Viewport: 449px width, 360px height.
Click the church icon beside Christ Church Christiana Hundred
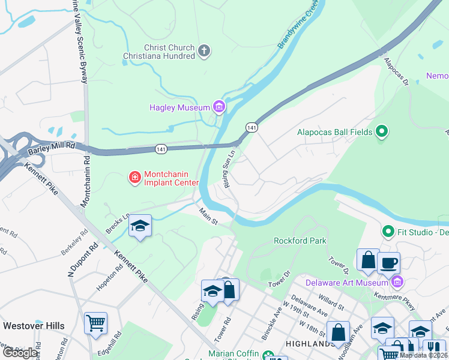pos(204,50)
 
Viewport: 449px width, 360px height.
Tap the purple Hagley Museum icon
pos(219,107)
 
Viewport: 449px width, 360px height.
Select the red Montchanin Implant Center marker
pos(134,177)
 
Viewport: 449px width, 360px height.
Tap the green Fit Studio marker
pos(388,230)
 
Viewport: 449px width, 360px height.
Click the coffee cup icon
pos(388,262)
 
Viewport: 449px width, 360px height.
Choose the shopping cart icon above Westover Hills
pos(95,323)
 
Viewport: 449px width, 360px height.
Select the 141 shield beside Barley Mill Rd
pos(160,148)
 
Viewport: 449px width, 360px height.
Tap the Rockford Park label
pos(300,241)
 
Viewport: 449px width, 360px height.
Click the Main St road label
pos(208,216)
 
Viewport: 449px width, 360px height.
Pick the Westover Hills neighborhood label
pos(34,326)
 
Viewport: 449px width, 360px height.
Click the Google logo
pos(20,352)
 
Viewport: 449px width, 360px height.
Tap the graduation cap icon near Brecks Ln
pos(140,226)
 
